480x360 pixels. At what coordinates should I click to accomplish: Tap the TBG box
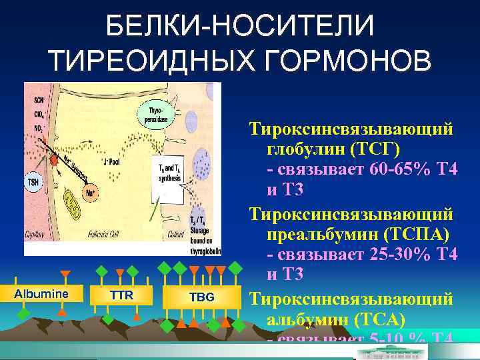(x=201, y=297)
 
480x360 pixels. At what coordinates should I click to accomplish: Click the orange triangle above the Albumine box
(x=65, y=274)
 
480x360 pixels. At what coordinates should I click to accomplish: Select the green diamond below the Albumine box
(x=23, y=312)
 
